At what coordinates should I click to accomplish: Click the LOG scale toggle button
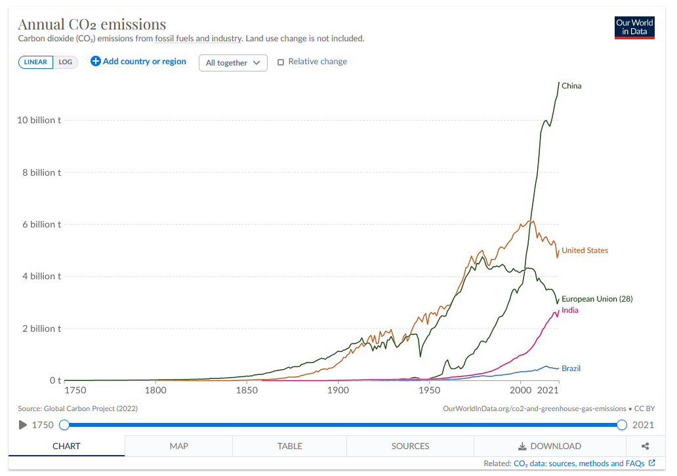66,62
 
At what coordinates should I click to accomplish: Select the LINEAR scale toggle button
35,62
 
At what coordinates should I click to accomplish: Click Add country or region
138,62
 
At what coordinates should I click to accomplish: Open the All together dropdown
233,63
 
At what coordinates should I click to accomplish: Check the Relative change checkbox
281,62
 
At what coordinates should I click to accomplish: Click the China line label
571,86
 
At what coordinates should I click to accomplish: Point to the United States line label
585,250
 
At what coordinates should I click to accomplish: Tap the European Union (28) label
597,299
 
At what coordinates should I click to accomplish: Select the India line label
570,310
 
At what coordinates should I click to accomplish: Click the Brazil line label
571,368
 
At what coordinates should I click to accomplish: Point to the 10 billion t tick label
40,120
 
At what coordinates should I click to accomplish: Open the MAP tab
178,446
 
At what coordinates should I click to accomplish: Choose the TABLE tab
289,446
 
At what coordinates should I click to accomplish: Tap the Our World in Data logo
634,27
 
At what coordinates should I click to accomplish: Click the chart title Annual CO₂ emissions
92,25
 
